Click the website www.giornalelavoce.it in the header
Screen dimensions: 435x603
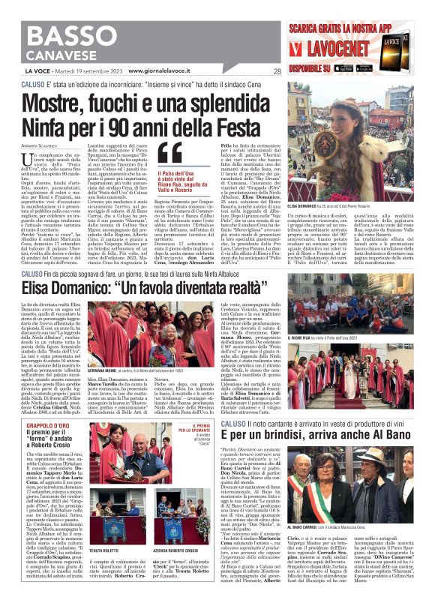(166, 70)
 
